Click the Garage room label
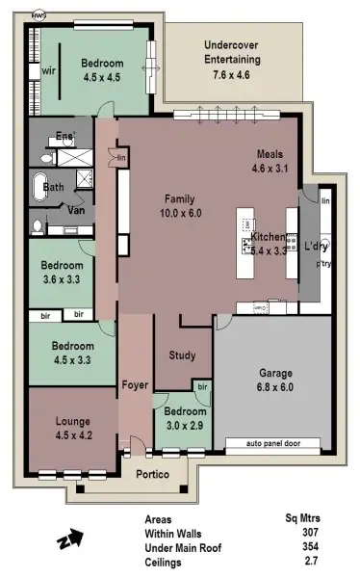[x=274, y=374]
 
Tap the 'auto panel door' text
[x=275, y=444]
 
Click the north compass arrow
[x=70, y=541]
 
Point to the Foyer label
[x=135, y=385]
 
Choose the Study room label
[x=182, y=355]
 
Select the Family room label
[x=181, y=199]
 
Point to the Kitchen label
[x=269, y=237]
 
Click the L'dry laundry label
[x=316, y=246]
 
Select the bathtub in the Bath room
[x=41, y=188]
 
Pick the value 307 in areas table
[x=310, y=532]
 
